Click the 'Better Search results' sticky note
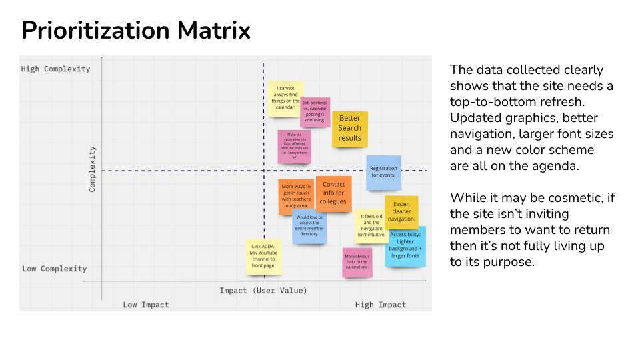349,128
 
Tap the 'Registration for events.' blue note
383,171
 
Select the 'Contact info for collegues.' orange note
333,193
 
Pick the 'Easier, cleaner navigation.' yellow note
401,211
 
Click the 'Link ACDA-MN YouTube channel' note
263,256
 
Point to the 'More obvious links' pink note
357,262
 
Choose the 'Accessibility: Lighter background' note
405,245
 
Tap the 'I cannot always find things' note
285,98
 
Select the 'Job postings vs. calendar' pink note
315,111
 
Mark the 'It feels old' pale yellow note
371,225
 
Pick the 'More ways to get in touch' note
296,196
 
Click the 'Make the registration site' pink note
294,146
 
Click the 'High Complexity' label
55,69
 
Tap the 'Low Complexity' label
55,269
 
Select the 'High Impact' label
380,305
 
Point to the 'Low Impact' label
146,305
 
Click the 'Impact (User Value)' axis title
263,291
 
